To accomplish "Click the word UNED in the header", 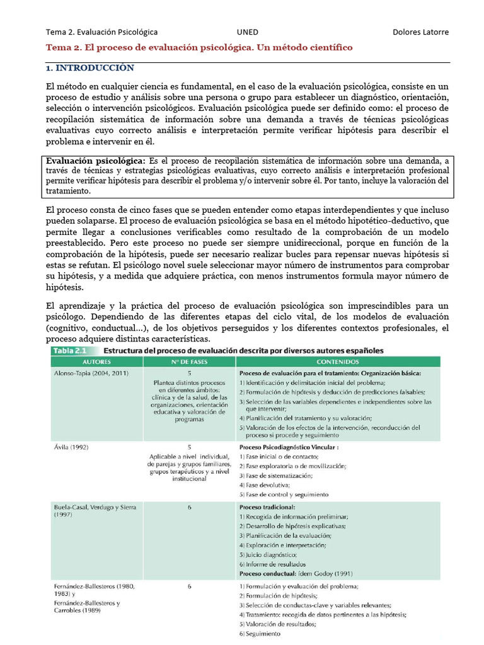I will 247,32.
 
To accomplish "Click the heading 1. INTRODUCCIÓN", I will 90,68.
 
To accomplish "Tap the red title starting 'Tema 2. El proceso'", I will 200,48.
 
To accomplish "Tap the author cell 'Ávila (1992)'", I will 71,447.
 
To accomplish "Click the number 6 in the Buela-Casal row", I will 189,506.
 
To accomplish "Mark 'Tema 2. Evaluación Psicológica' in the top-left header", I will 101,32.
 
